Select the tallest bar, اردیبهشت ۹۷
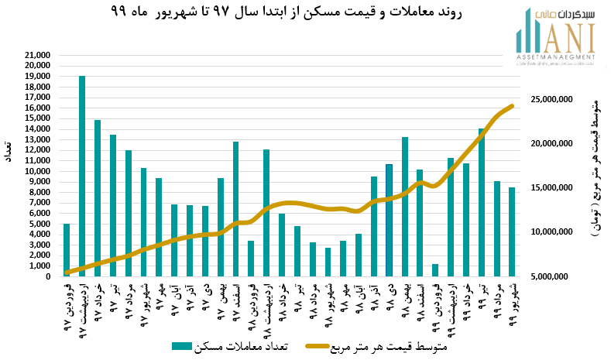click(82, 176)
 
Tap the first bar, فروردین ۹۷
click(67, 249)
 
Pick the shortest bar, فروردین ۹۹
click(435, 270)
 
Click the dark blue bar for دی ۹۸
click(390, 220)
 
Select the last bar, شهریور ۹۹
click(512, 231)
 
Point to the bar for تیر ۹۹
click(482, 202)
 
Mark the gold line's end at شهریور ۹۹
click(512, 106)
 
